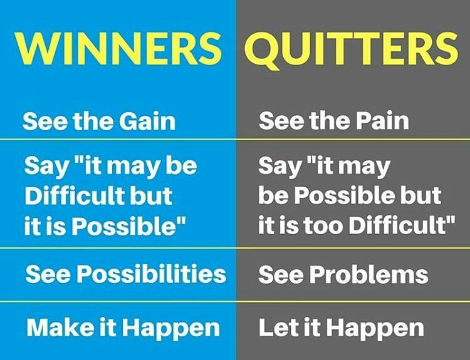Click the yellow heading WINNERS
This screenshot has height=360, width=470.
tap(118, 48)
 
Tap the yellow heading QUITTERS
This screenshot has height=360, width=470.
tap(352, 49)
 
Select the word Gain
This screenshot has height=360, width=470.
tap(147, 121)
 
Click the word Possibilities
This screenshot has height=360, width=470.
tap(152, 274)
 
